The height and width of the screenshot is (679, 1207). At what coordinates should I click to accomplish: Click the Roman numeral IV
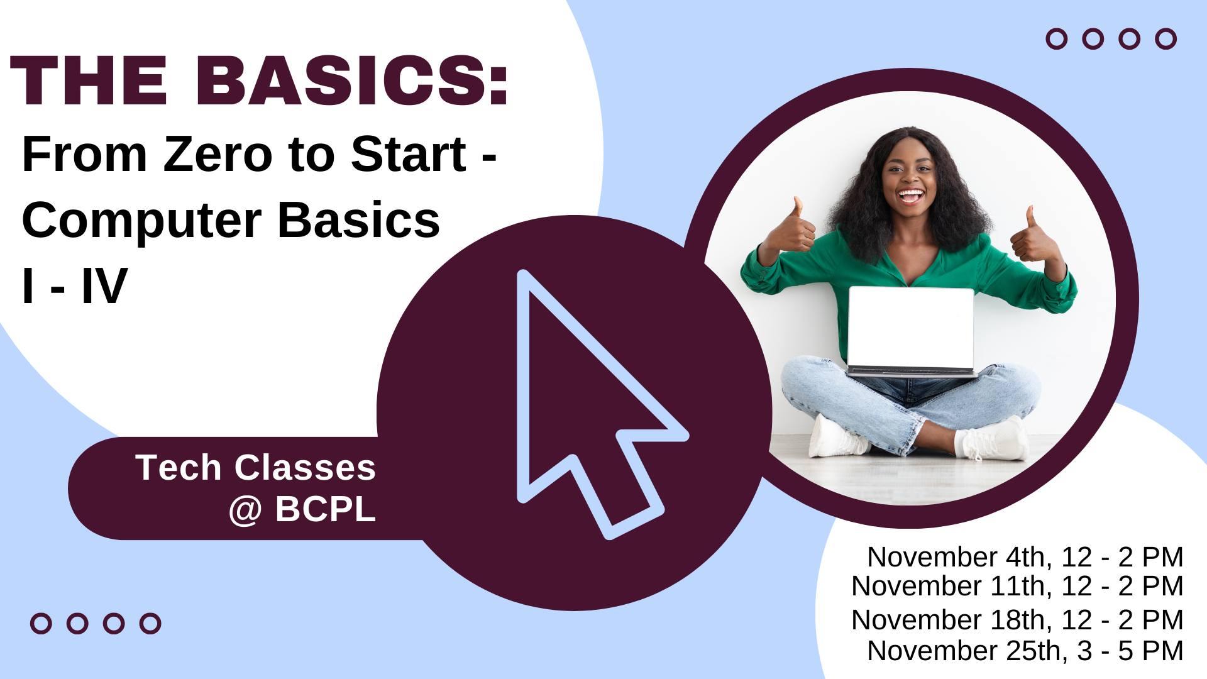[x=104, y=286]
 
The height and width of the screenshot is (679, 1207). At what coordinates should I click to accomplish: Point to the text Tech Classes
[x=255, y=468]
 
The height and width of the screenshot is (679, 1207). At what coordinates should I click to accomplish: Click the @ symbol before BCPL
[x=245, y=509]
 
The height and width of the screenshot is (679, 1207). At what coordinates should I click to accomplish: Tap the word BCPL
[x=325, y=509]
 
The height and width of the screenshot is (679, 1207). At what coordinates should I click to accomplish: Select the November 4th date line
[x=1025, y=557]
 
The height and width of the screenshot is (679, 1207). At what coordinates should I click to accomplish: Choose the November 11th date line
[x=1017, y=586]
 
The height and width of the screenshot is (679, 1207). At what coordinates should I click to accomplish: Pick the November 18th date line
[x=1017, y=620]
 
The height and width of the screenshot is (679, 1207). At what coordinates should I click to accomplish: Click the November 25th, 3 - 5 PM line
[x=1025, y=651]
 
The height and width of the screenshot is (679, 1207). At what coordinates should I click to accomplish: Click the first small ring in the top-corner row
[x=1057, y=39]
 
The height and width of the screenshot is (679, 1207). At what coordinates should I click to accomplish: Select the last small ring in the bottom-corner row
[x=150, y=624]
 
